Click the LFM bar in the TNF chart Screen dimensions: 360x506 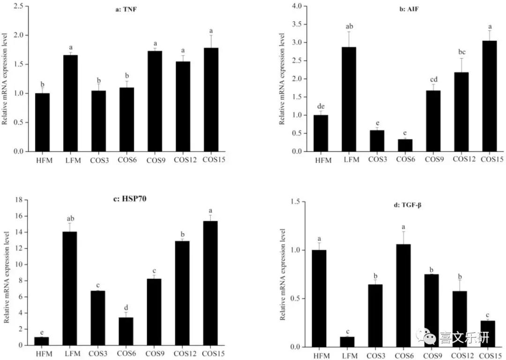[70, 103]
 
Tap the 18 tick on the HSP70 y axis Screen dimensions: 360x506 [20, 200]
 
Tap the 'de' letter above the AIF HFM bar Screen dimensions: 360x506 [321, 106]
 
